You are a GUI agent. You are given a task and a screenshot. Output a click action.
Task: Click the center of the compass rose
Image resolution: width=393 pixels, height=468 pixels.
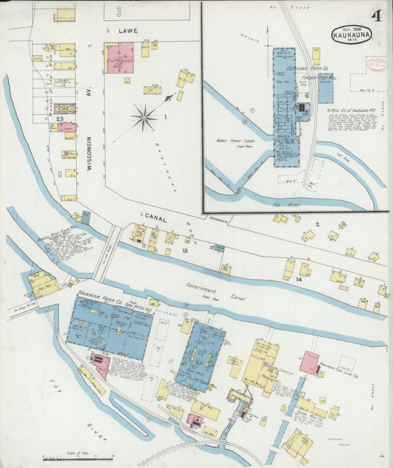(144, 117)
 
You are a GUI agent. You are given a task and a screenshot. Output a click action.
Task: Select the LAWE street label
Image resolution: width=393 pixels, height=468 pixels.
(128, 32)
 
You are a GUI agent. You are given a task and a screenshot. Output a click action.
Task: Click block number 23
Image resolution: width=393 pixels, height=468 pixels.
(58, 118)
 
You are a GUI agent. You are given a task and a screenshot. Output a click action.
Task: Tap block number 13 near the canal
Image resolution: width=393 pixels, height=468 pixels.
(185, 252)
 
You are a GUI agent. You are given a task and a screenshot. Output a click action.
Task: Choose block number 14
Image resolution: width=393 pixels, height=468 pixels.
(299, 280)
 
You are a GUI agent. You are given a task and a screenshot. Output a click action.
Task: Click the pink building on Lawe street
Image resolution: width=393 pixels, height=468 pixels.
(119, 58)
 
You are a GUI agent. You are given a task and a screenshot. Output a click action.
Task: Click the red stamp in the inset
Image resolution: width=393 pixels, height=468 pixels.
(377, 65)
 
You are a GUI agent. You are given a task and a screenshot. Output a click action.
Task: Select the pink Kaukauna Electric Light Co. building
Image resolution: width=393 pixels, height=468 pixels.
(309, 363)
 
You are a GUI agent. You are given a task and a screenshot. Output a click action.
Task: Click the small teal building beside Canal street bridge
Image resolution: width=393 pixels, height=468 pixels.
(86, 217)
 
